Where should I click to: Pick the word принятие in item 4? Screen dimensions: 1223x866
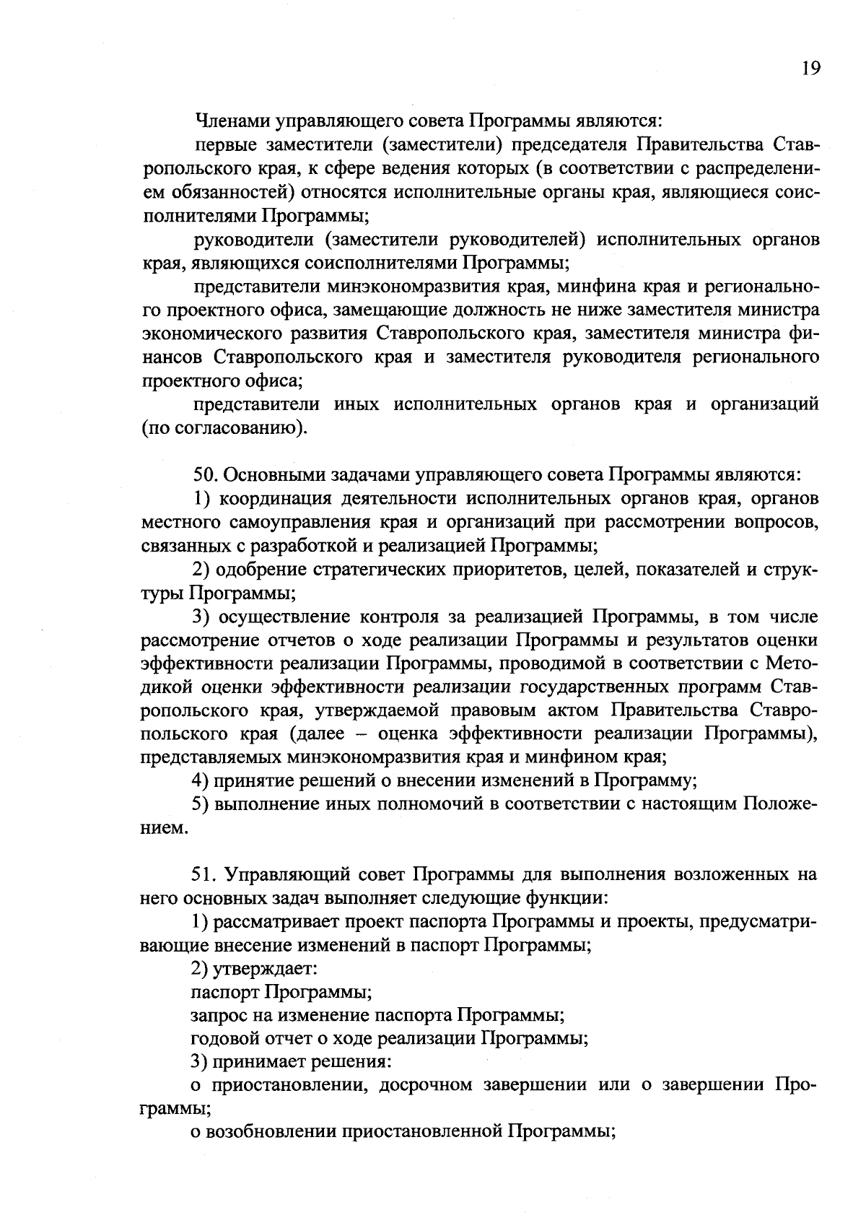pyautogui.click(x=245, y=781)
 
